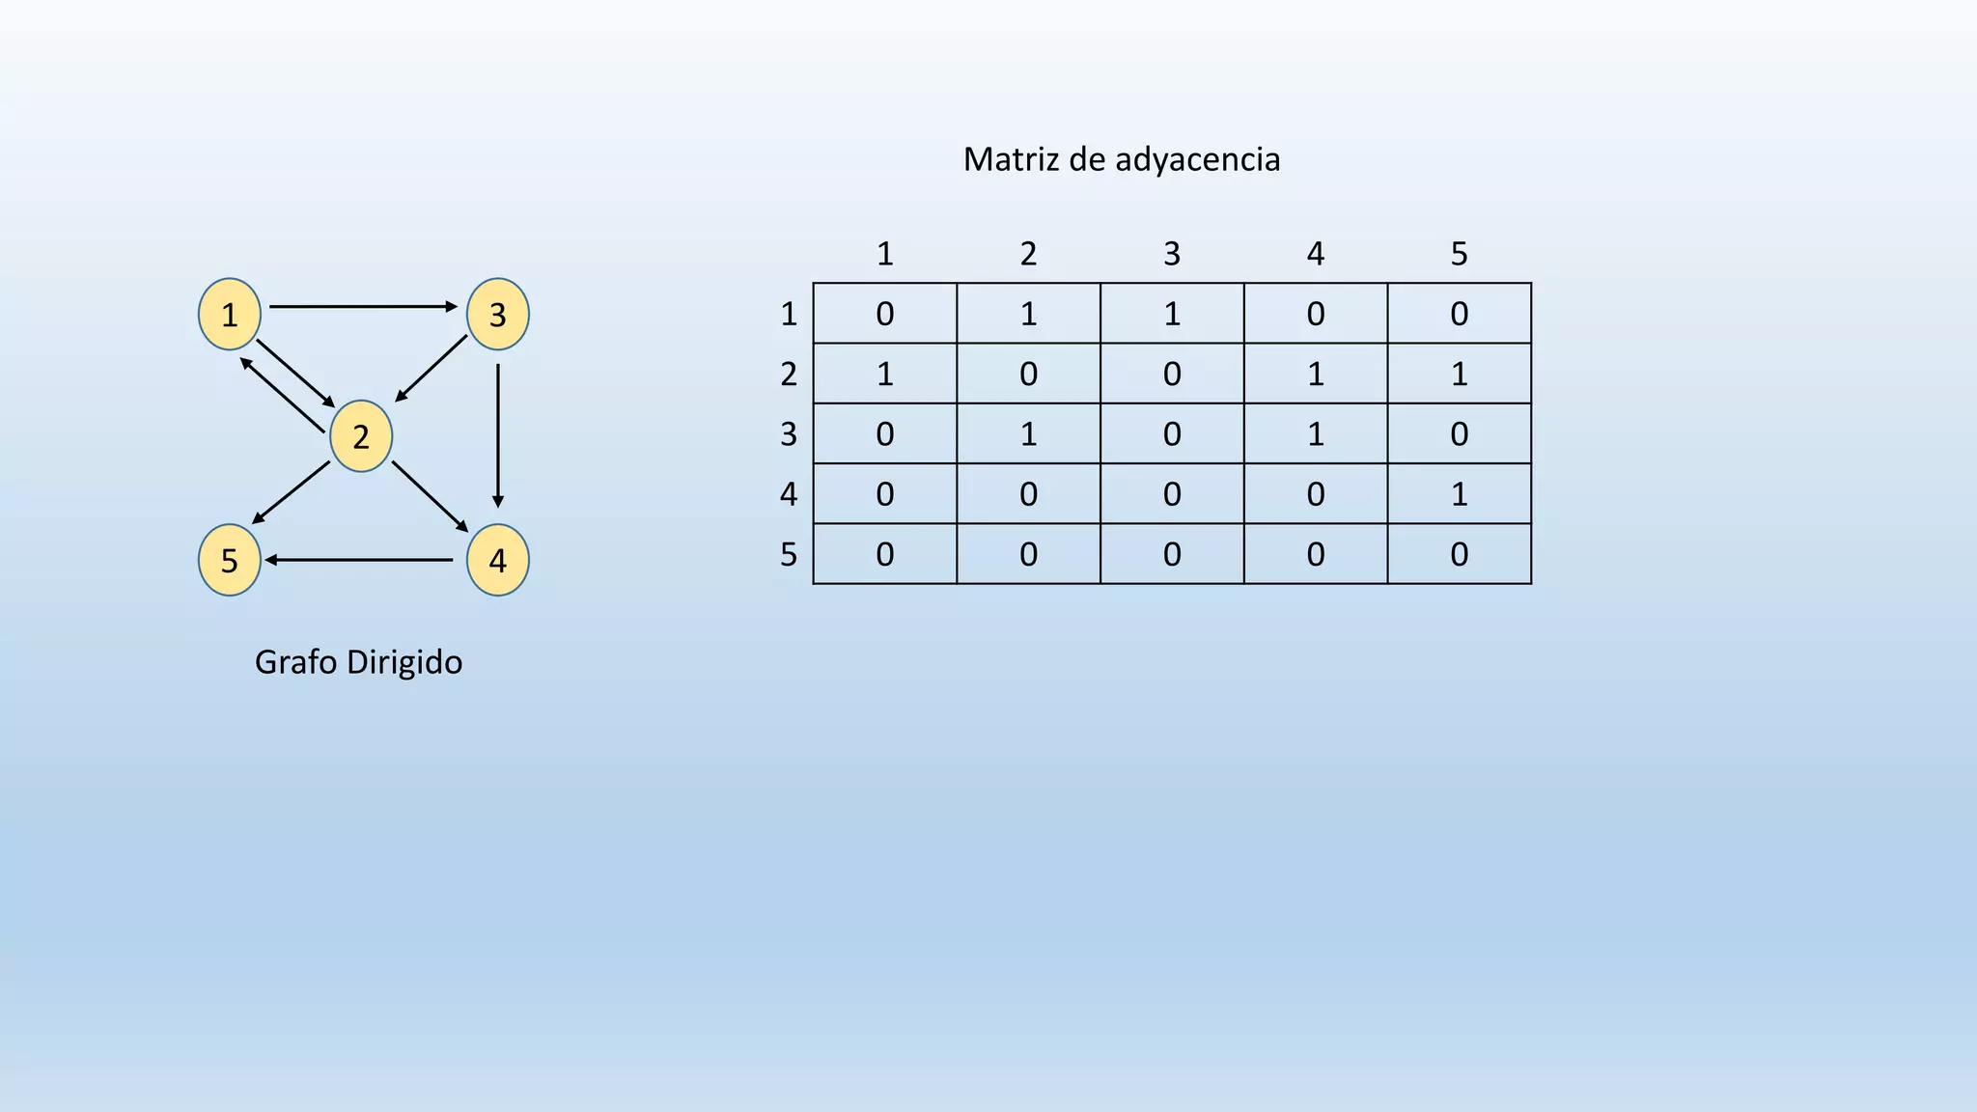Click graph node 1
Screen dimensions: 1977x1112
coord(230,314)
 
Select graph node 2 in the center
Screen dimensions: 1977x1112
coord(361,436)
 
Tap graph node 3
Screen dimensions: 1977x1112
coord(498,314)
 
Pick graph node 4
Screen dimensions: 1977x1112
coord(498,560)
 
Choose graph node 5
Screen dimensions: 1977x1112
coord(230,560)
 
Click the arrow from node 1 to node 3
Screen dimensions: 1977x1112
coord(364,307)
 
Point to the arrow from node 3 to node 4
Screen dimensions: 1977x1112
coord(498,435)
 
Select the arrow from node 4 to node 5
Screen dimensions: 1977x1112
coord(360,560)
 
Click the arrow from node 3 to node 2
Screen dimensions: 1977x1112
coord(432,368)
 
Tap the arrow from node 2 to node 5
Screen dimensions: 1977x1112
coord(291,493)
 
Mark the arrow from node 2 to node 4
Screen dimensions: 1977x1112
coord(431,497)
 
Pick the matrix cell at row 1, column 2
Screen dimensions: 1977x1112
coord(1028,314)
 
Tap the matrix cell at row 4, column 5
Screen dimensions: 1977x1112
coord(1460,494)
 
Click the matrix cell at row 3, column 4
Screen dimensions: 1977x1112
coord(1316,434)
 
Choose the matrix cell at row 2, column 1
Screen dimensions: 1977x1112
coord(885,374)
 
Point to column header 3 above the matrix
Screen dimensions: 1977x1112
coord(1172,254)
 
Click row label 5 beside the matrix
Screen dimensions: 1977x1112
coord(789,555)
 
